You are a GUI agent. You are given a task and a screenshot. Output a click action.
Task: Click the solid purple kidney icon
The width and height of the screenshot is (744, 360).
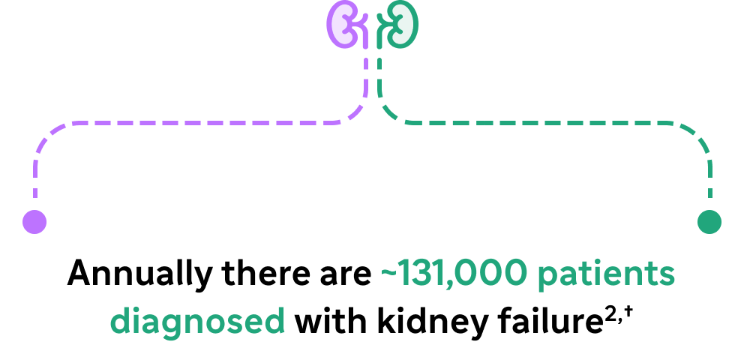(x=340, y=25)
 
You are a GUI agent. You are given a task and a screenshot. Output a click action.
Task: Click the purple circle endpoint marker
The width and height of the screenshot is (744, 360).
(x=34, y=222)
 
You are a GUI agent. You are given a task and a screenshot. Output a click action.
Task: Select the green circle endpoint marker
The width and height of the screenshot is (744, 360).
(x=709, y=222)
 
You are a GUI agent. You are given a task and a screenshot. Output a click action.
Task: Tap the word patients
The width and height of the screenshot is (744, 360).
(x=607, y=275)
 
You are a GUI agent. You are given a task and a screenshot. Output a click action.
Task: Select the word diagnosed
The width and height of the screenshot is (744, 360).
(x=197, y=322)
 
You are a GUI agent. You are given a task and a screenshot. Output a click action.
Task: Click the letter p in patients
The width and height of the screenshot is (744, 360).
(x=548, y=278)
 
